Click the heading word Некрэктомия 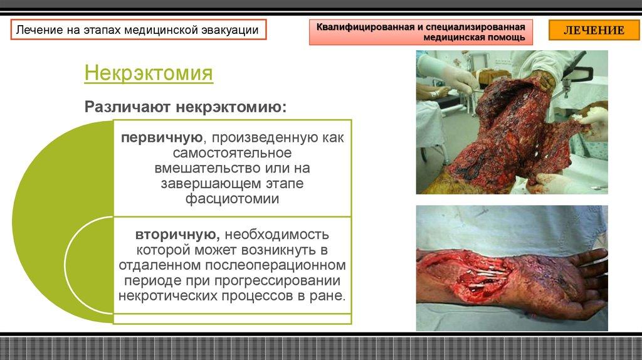tap(149, 73)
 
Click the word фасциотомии tap(232, 198)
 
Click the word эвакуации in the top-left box tap(229, 30)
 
